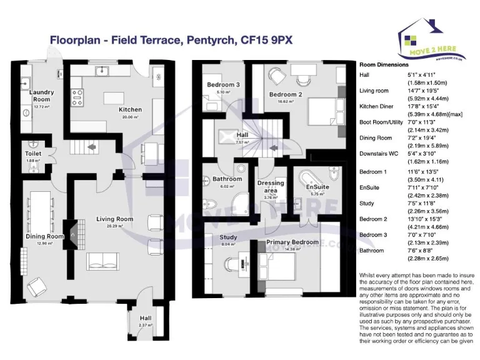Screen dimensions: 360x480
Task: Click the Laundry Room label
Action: coord(42,96)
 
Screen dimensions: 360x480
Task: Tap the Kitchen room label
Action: coord(131,109)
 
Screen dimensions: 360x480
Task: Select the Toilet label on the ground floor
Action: coord(33,153)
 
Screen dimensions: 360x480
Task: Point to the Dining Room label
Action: coord(44,237)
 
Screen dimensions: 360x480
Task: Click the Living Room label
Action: coord(115,219)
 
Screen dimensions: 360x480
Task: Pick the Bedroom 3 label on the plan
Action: coord(223,85)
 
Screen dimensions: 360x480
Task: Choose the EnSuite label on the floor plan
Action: coord(317,187)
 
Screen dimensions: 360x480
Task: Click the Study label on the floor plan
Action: coord(227,237)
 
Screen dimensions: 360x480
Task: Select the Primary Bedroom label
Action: coord(292,242)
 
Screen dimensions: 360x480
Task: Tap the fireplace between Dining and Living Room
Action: coord(74,235)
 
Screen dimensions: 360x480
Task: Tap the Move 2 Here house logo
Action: coord(431,37)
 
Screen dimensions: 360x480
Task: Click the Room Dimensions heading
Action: coord(384,64)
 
